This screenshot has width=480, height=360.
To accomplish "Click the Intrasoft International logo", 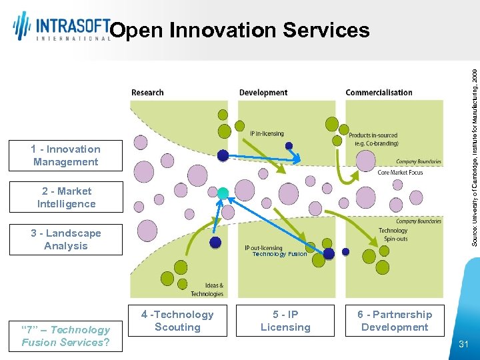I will click(61, 27).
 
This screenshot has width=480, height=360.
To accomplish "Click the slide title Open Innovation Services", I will click(239, 30).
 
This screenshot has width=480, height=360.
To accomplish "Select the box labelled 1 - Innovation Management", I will click(65, 155).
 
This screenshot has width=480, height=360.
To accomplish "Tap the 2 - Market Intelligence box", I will click(65, 197).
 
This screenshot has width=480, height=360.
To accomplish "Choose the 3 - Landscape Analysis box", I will click(65, 239).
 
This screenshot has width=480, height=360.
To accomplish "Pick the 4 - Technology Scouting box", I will click(177, 321).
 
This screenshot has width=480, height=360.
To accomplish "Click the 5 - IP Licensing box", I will click(285, 321).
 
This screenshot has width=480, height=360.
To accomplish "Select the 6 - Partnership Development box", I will click(395, 321).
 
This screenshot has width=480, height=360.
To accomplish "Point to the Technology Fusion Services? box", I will click(65, 336).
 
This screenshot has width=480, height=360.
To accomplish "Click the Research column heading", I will click(147, 93).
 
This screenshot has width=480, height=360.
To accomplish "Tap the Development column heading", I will click(263, 93).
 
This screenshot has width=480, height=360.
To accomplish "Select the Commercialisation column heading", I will click(379, 93).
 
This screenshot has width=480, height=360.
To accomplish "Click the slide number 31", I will click(464, 344).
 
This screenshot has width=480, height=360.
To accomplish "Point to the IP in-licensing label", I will click(267, 134).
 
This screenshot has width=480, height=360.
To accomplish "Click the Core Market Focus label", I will click(400, 173).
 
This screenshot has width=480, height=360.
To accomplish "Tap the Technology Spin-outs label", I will click(393, 235).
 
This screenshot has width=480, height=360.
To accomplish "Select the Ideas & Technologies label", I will click(207, 289).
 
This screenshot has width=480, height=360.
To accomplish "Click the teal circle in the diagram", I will click(223, 193).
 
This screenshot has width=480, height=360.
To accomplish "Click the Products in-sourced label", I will click(373, 139).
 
